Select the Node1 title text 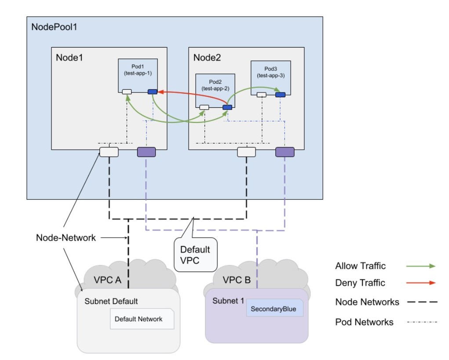69,58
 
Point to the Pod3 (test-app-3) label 270,72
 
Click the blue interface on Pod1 153,92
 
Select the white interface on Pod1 127,92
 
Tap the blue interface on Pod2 227,107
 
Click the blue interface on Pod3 280,94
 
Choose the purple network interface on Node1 146,152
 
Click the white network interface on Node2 246,152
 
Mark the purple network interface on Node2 285,152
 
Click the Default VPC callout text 195,254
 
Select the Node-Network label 66,238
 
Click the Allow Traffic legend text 360,266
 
